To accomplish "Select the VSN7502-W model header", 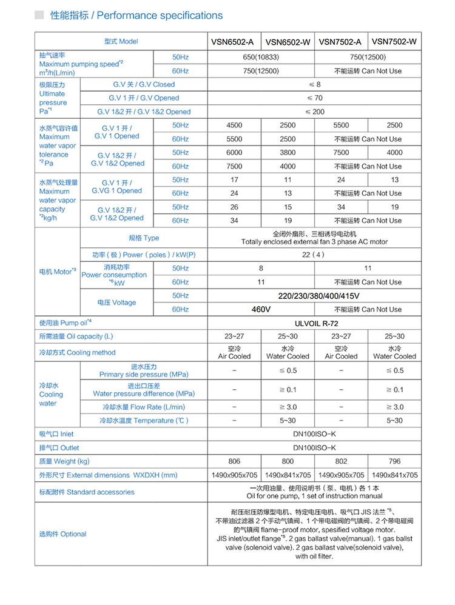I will pyautogui.click(x=394, y=42).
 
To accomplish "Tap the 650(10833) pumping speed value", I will pyautogui.click(x=261, y=58).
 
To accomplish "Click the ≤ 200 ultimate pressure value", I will pyautogui.click(x=314, y=112).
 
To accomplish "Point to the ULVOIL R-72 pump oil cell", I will pyautogui.click(x=314, y=324).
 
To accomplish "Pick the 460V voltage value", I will pyautogui.click(x=261, y=309).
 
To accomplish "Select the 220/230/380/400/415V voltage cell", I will pyautogui.click(x=314, y=296).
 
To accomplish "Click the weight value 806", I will pyautogui.click(x=234, y=461).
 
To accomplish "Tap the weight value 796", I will pyautogui.click(x=394, y=461).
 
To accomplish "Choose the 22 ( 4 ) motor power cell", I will pyautogui.click(x=314, y=255).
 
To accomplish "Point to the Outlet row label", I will pyautogui.click(x=59, y=448).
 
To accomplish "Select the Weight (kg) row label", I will pyautogui.click(x=64, y=461).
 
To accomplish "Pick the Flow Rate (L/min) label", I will pyautogui.click(x=144, y=407).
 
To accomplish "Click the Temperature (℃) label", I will pyautogui.click(x=144, y=420).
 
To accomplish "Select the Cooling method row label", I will pyautogui.click(x=77, y=352).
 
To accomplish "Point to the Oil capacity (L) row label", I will pyautogui.click(x=76, y=336).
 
